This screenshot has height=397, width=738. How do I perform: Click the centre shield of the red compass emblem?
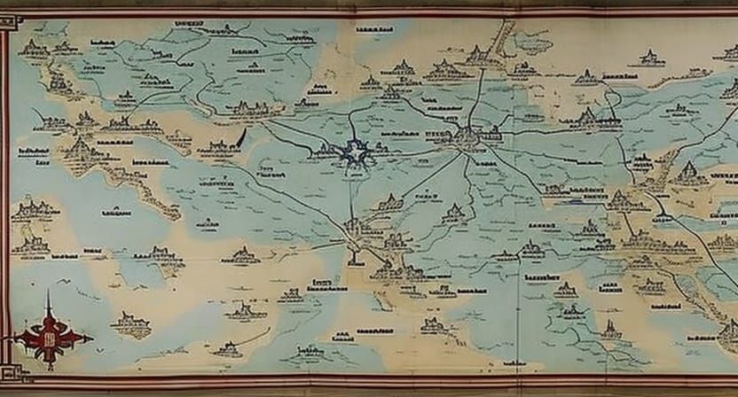(51, 338)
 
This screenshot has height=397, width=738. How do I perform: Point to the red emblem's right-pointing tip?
(91, 338)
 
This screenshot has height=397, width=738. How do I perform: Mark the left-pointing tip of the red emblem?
(11, 338)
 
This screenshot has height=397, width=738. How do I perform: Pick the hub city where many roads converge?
(466, 136)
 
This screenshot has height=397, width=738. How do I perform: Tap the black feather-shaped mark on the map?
(241, 137)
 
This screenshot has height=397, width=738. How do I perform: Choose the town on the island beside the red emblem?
(130, 323)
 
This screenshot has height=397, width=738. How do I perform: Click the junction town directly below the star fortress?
(355, 229)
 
